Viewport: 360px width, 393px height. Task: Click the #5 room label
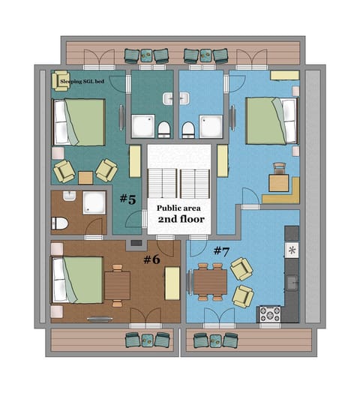(x=127, y=199)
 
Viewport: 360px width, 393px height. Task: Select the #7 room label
(x=222, y=250)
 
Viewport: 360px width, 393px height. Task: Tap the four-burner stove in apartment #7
(x=269, y=313)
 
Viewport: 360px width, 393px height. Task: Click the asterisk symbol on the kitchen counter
(x=292, y=249)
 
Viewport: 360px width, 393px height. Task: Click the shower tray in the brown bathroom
(x=94, y=202)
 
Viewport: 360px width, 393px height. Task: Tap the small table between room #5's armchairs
(x=85, y=178)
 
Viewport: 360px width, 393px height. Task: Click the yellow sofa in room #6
(x=172, y=283)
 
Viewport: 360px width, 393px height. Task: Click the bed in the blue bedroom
(x=271, y=120)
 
